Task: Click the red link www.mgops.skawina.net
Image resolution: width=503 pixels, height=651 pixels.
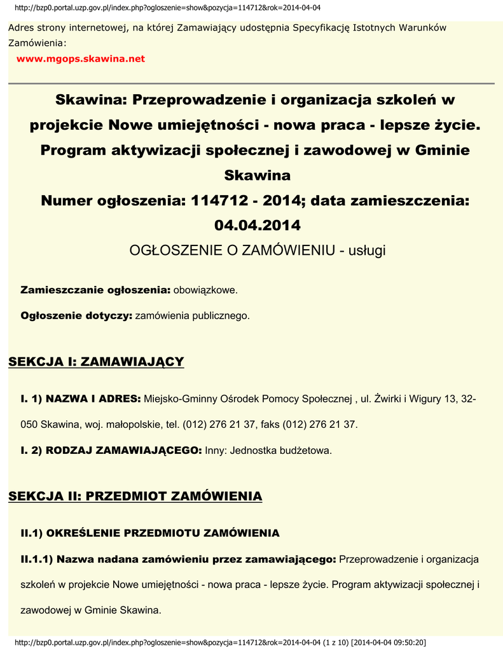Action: click(x=81, y=59)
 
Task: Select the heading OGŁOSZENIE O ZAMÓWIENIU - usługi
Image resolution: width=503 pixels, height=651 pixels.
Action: click(x=258, y=250)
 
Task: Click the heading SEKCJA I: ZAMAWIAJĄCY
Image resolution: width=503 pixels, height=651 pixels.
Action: click(x=96, y=362)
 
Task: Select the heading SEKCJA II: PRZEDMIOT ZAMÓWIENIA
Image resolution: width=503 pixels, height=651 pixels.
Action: click(x=135, y=496)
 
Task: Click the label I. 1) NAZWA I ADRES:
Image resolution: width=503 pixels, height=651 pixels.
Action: click(x=81, y=399)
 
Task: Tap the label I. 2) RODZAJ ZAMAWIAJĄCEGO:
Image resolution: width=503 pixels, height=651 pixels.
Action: click(x=111, y=450)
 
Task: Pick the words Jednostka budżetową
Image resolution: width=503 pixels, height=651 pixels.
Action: click(x=280, y=450)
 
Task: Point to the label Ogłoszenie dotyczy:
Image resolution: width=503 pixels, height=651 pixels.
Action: click(x=76, y=315)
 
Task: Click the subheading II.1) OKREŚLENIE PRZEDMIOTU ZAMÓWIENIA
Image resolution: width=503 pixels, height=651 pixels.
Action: click(x=150, y=533)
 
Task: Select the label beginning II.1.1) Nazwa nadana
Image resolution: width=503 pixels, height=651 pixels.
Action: click(x=178, y=559)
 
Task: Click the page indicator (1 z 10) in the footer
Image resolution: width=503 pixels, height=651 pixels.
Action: click(x=336, y=642)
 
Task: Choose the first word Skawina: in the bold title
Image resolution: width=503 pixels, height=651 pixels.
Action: click(x=90, y=100)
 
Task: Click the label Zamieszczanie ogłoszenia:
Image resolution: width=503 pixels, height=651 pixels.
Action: click(x=95, y=291)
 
